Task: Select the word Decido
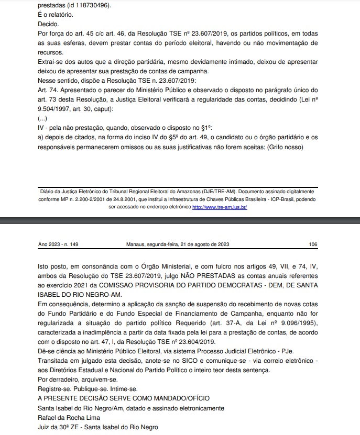point(49,24)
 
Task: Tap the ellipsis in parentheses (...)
point(43,118)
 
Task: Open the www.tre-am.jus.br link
point(220,207)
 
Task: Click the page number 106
point(313,244)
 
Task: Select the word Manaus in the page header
point(136,244)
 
